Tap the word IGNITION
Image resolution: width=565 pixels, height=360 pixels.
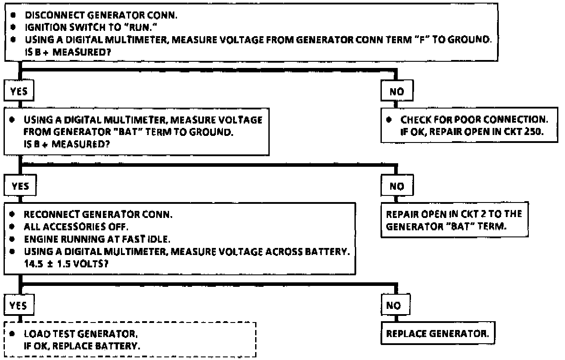tap(40, 27)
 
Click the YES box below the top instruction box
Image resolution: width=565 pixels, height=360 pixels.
tap(19, 92)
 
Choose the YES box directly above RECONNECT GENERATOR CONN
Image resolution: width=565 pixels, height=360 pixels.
tap(20, 186)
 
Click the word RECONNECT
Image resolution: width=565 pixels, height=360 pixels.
tap(49, 214)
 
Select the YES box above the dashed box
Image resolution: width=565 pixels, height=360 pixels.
tap(19, 305)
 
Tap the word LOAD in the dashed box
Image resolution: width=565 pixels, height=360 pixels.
tap(34, 334)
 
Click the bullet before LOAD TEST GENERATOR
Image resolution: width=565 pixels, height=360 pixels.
tap(14, 334)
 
